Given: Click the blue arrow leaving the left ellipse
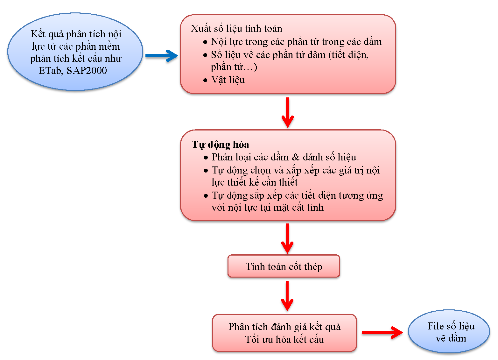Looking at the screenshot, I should click(161, 56).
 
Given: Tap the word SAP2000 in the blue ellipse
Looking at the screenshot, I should click(87, 70).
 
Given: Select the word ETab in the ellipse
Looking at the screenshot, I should click(51, 70).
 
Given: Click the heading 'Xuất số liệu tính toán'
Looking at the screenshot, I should click(236, 29).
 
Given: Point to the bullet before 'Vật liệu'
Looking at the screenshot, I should click(205, 80).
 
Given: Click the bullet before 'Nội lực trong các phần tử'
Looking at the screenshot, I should click(205, 42).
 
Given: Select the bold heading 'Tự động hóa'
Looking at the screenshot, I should click(220, 145).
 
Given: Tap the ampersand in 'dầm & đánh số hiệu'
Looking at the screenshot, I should click(296, 157).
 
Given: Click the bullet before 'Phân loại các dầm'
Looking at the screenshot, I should click(206, 158).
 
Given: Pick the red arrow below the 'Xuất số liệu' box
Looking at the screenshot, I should click(288, 112).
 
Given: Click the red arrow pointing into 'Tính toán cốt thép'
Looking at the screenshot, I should click(287, 238).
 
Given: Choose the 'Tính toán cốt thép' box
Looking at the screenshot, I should click(284, 266).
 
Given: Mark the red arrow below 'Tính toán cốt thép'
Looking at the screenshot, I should click(287, 295).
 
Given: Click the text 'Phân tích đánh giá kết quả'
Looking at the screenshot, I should click(284, 327).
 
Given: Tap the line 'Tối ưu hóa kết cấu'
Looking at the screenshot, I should click(284, 339).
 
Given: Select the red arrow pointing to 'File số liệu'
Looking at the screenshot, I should click(382, 333).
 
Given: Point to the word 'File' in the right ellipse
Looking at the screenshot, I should click(435, 326).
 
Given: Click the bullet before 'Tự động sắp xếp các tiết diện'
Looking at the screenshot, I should click(206, 196).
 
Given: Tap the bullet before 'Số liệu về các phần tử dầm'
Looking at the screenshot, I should click(205, 55).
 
